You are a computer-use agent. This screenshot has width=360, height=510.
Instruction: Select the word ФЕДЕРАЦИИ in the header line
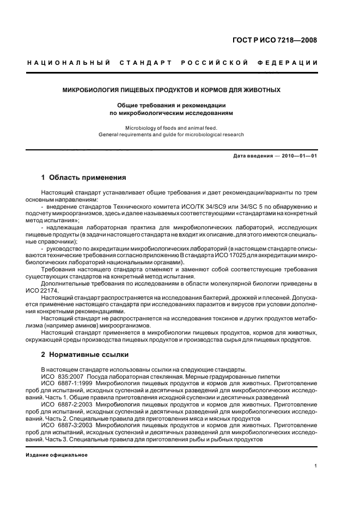click(x=292, y=63)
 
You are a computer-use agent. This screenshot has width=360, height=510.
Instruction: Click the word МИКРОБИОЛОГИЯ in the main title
click(x=90, y=90)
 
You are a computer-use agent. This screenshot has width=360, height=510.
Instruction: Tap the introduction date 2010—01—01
click(x=298, y=156)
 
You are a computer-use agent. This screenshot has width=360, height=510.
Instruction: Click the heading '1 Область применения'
click(x=84, y=178)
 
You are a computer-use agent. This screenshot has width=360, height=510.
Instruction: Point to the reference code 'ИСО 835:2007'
click(x=60, y=377)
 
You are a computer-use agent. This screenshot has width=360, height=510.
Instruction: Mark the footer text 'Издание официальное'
click(x=57, y=454)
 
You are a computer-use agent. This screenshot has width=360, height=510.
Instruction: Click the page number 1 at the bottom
click(x=315, y=466)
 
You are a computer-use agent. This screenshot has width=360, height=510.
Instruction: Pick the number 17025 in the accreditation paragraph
click(x=249, y=256)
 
